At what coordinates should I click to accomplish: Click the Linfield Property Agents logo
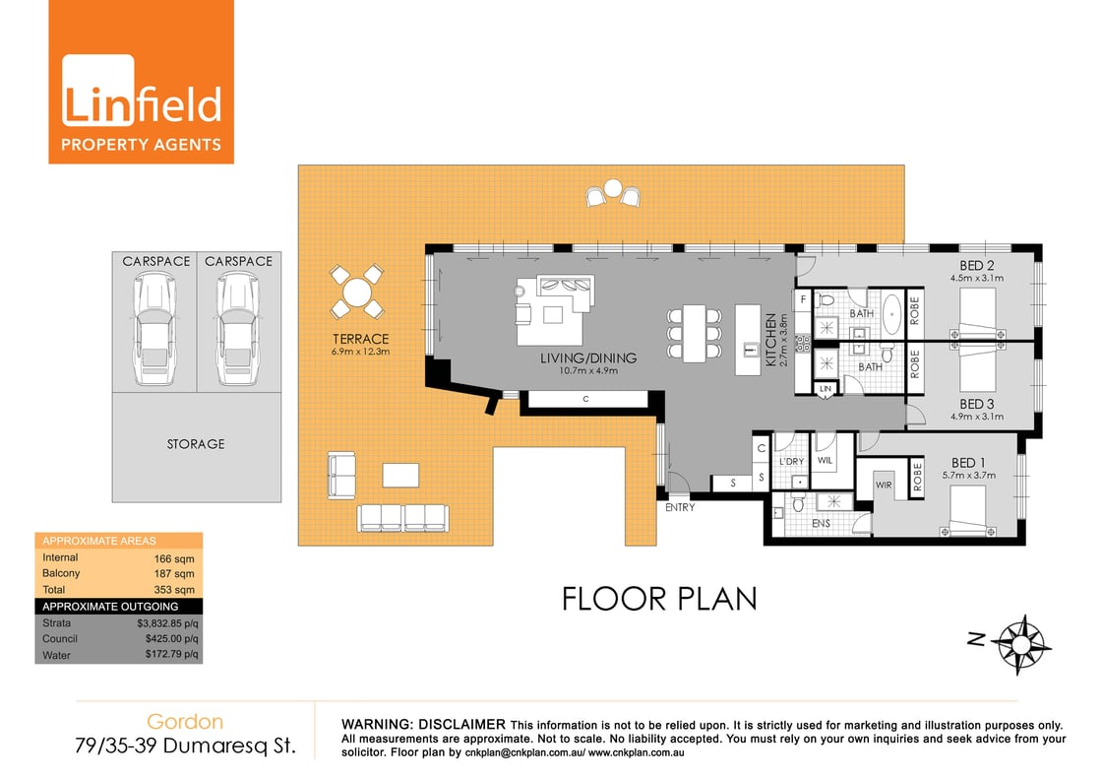[x=142, y=82]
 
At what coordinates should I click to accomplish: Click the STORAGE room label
[x=195, y=444]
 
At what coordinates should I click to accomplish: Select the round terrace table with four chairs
[x=356, y=292]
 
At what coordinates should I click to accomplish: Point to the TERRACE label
[x=361, y=339]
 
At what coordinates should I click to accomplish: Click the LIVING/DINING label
[x=588, y=357]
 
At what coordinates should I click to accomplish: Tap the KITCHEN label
[x=770, y=340]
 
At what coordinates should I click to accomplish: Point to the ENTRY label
[x=680, y=508]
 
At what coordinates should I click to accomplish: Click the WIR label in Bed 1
[x=883, y=485]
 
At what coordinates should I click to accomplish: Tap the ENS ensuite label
[x=821, y=523]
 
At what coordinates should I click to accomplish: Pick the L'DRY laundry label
[x=792, y=461]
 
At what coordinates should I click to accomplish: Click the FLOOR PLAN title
[x=659, y=598]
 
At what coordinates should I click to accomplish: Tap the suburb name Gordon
[x=185, y=722]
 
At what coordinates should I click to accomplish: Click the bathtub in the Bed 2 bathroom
[x=892, y=312]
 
